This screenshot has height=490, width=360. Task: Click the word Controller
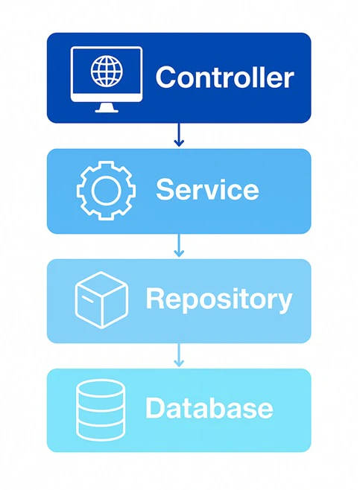tap(224, 77)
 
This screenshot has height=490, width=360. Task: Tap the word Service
tap(207, 189)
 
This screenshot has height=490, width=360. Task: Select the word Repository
tap(219, 299)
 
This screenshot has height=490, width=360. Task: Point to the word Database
tap(209, 407)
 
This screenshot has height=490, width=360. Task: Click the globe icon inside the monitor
tap(107, 71)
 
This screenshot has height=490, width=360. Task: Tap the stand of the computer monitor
tap(107, 107)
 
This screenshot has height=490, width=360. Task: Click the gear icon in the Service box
tap(107, 191)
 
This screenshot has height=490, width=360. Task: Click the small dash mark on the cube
tap(87, 299)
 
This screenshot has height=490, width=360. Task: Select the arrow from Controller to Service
tap(179, 135)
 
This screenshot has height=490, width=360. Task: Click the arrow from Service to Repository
tap(179, 245)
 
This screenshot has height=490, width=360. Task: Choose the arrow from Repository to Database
tap(179, 355)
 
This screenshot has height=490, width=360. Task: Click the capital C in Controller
tap(166, 77)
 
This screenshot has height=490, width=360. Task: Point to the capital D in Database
tap(156, 407)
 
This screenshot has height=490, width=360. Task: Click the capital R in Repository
tap(156, 298)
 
